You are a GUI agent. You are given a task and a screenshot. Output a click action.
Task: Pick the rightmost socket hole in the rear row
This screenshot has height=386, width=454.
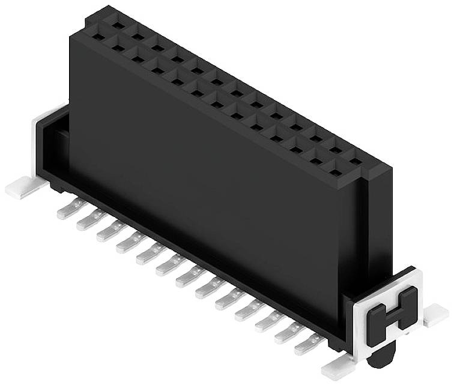click(x=356, y=160)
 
